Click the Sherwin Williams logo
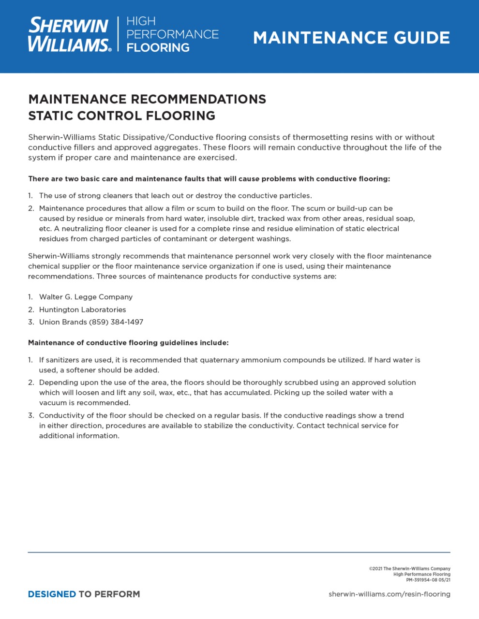[69, 34]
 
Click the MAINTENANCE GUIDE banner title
[351, 38]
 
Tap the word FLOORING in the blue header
[158, 48]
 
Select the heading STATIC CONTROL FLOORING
[121, 116]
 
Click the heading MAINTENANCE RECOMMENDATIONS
[147, 99]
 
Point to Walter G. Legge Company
[86, 297]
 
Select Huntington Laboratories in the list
[82, 309]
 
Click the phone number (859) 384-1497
[116, 322]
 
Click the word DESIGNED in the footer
[52, 594]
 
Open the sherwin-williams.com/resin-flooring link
[389, 594]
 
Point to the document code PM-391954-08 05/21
[428, 580]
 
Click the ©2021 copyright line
[409, 569]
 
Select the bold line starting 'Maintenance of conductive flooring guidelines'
[128, 343]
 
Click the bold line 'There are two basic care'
[209, 179]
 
